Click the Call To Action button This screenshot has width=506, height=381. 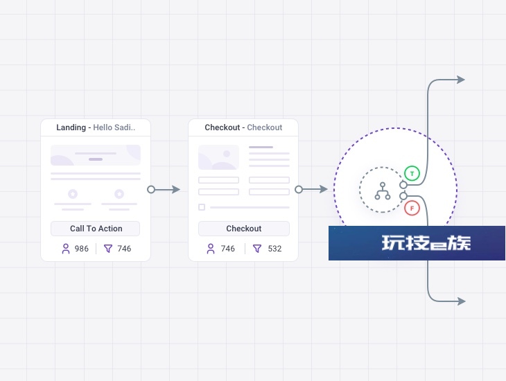click(95, 229)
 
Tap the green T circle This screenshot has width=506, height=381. click(412, 174)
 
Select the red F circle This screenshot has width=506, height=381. click(412, 208)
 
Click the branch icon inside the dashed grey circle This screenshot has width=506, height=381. click(383, 191)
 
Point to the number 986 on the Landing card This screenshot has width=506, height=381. click(81, 249)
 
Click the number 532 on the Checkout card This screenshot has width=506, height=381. click(274, 249)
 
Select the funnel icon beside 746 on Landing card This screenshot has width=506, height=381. click(108, 249)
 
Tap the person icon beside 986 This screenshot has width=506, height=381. click(66, 249)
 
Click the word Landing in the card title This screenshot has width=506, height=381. click(71, 127)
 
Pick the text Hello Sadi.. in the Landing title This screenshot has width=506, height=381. click(114, 127)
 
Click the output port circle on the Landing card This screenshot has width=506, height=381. click(151, 189)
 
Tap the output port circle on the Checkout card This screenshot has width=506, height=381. click(299, 189)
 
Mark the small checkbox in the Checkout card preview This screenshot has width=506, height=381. click(202, 207)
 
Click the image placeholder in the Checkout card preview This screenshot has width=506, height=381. click(218, 157)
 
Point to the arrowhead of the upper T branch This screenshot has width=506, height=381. click(461, 80)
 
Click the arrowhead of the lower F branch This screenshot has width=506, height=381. click(462, 301)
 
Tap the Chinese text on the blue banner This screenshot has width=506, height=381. click(426, 243)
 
